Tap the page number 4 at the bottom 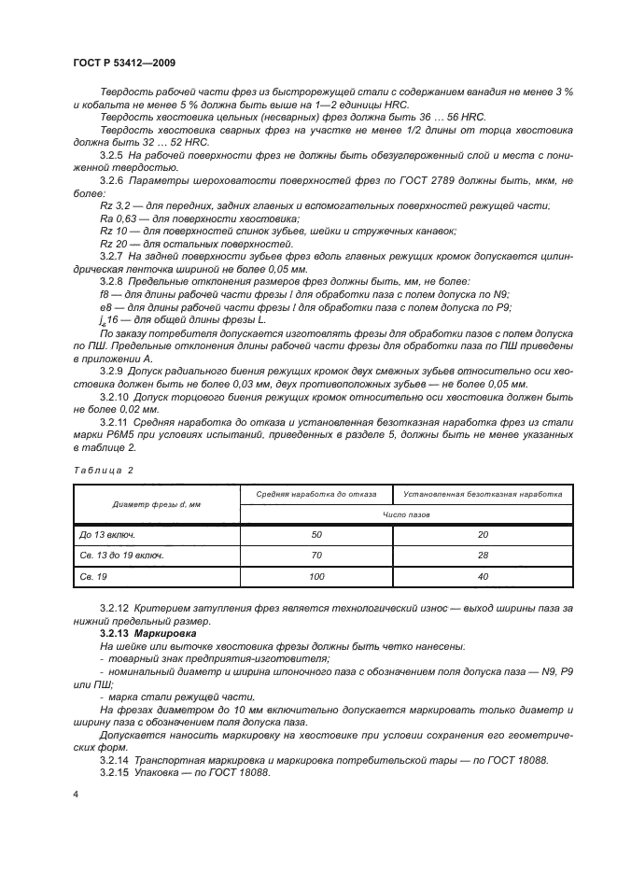[76, 794]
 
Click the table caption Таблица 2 [103, 471]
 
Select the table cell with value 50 [316, 533]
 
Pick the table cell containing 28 [483, 556]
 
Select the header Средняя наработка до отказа [316, 493]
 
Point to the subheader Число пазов [405, 514]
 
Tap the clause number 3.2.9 [112, 371]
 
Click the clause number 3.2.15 [114, 773]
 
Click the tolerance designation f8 [104, 294]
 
